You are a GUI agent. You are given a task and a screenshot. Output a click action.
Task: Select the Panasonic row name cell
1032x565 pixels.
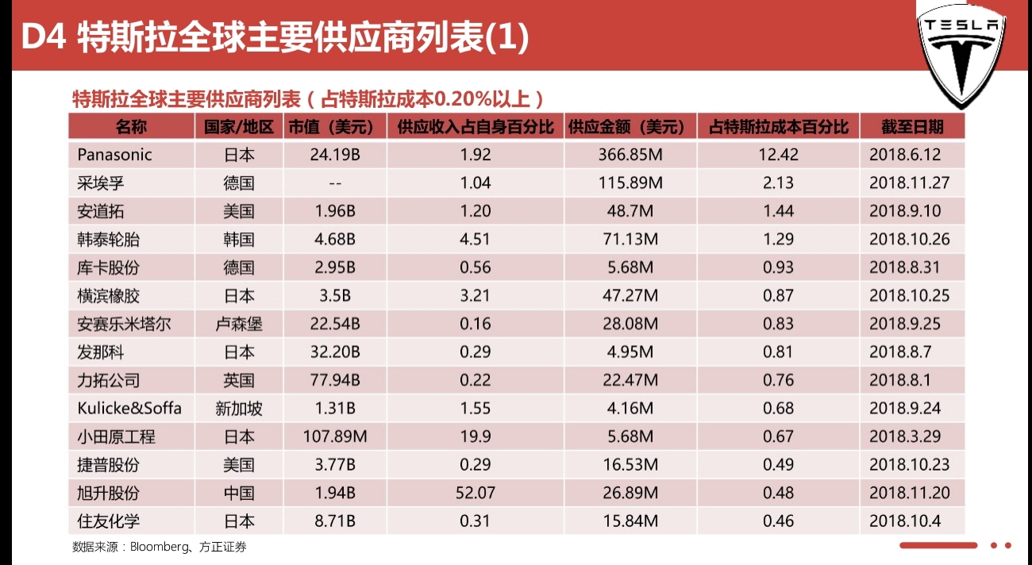click(x=114, y=154)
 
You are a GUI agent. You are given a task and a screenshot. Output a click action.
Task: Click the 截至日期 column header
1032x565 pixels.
click(x=912, y=127)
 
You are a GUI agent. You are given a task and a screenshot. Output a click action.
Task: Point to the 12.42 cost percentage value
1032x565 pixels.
click(x=778, y=154)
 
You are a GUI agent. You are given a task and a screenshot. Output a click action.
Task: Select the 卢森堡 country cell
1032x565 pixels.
click(x=238, y=324)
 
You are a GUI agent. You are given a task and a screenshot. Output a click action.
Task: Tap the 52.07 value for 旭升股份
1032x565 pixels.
click(x=476, y=493)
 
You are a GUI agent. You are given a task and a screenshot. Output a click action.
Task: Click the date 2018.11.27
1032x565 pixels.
click(x=909, y=183)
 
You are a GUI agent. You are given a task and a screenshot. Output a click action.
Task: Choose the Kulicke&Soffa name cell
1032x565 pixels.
click(x=129, y=409)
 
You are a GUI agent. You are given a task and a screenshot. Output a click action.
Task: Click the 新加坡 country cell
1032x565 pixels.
click(x=238, y=409)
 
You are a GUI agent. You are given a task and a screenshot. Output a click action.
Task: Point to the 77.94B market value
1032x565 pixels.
click(x=335, y=380)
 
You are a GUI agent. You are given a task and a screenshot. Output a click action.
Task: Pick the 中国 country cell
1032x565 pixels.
click(x=238, y=493)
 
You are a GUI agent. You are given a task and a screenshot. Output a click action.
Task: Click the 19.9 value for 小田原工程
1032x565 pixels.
click(x=475, y=436)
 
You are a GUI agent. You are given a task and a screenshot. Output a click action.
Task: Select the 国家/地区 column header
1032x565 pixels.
click(x=238, y=127)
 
